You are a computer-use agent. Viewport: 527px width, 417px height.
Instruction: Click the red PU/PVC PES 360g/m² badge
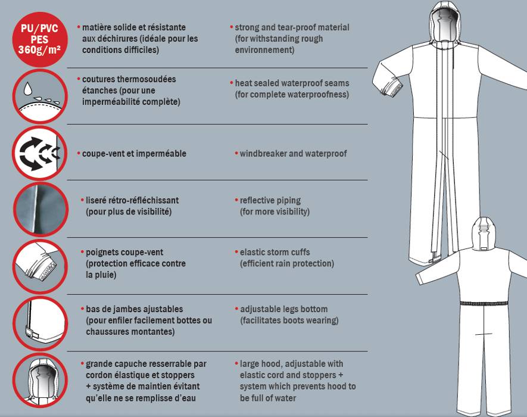(x=40, y=39)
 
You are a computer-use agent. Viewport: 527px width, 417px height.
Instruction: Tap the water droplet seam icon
(x=40, y=97)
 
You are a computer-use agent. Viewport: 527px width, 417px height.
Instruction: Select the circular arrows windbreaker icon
(x=40, y=153)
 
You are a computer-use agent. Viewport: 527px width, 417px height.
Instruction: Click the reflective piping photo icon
(x=40, y=209)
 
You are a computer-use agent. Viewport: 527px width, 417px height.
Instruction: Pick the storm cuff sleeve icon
(x=40, y=267)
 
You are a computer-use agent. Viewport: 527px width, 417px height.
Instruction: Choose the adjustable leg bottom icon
(x=40, y=323)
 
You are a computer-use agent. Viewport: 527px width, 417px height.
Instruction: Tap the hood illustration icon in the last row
(x=40, y=380)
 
